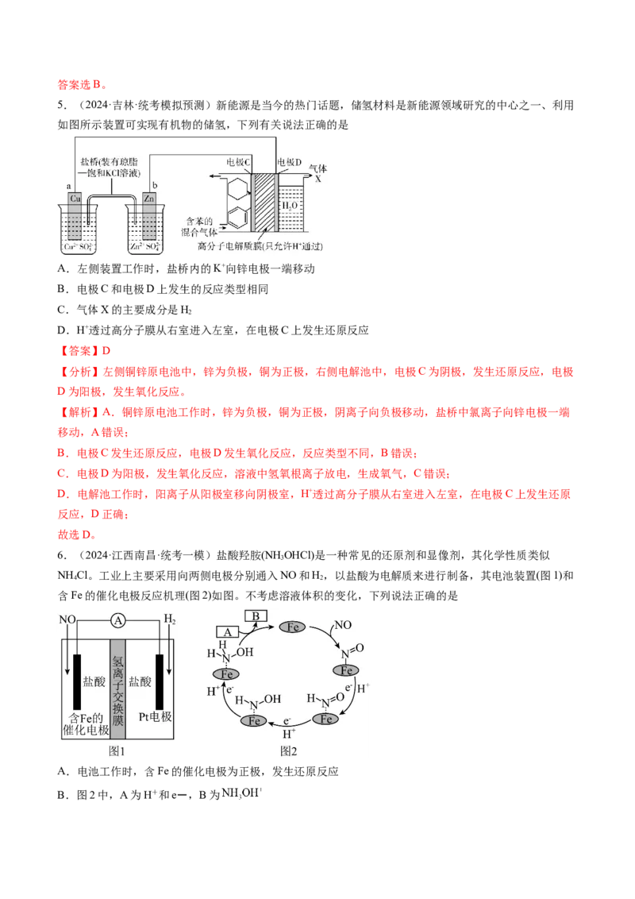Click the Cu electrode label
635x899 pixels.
[75, 199]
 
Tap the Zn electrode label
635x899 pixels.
[149, 199]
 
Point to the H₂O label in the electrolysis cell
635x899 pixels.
[290, 205]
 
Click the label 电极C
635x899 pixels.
[238, 162]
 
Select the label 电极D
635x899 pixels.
[290, 162]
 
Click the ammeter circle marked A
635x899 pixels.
[118, 620]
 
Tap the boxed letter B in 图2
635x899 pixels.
[256, 616]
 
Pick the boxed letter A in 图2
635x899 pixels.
[228, 632]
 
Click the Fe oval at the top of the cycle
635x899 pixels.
[292, 627]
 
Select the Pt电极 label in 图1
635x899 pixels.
[156, 716]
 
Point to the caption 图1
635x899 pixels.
[117, 751]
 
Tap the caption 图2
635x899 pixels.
[288, 751]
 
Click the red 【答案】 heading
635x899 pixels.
[79, 351]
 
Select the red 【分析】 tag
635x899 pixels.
[79, 372]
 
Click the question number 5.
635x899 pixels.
[63, 105]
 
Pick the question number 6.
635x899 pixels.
[63, 555]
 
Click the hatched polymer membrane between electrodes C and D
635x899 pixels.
[264, 202]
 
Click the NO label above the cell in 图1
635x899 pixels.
[67, 619]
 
